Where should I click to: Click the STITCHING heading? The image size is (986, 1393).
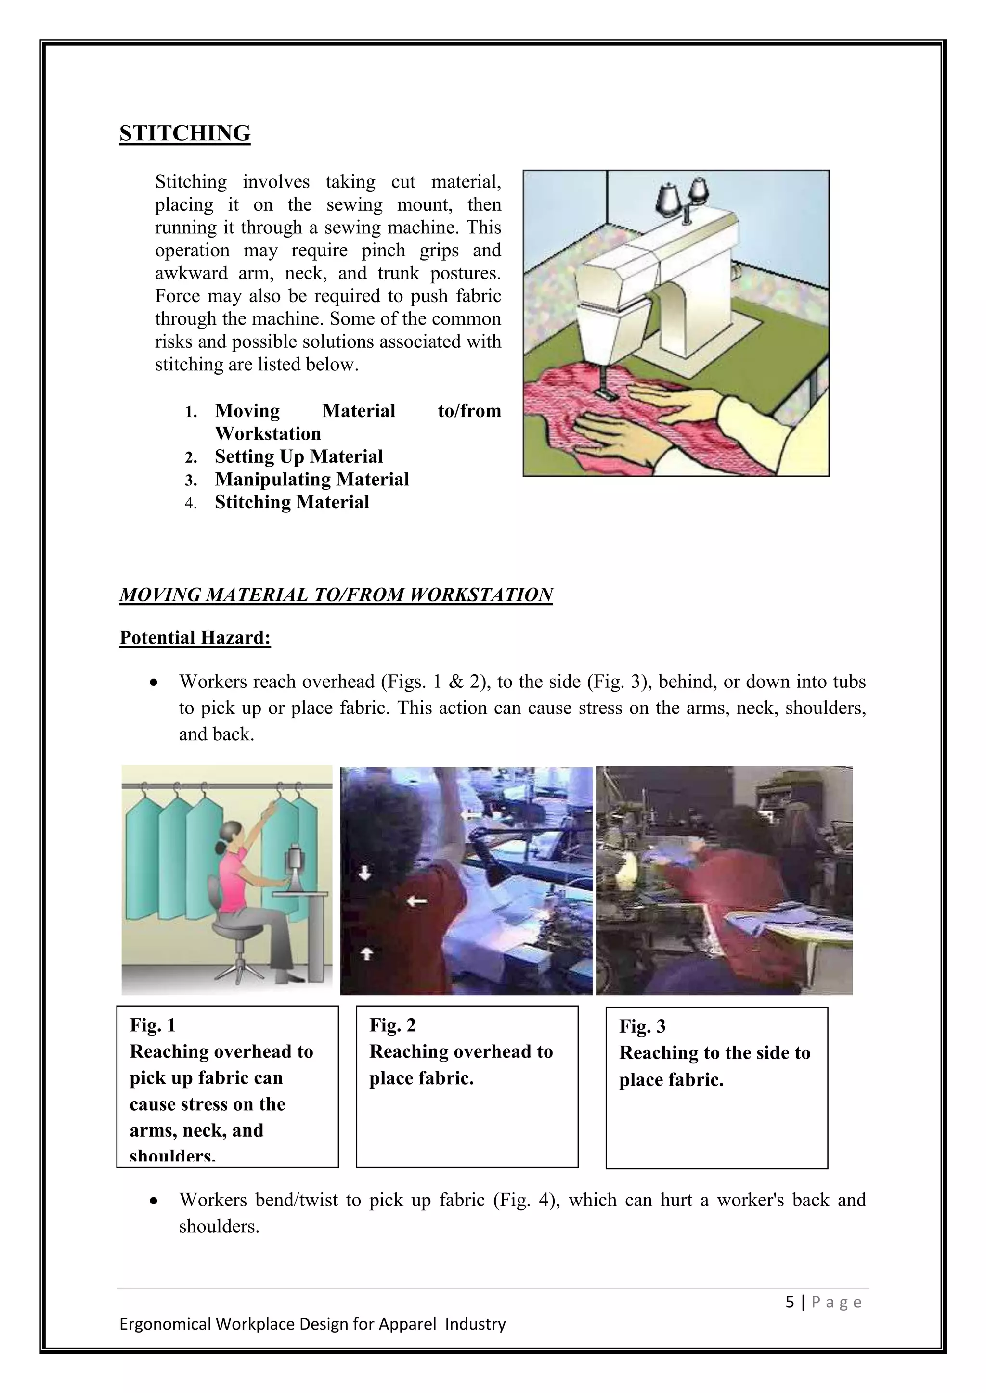184,133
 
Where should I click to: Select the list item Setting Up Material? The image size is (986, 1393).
298,456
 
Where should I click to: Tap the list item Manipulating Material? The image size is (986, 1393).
311,479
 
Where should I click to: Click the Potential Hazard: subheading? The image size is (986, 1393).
195,638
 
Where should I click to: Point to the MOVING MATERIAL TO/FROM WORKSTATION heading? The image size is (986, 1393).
336,595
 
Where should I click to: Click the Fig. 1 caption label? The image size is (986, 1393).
153,1026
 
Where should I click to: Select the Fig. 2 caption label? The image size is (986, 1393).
392,1026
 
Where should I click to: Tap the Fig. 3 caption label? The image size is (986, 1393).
642,1026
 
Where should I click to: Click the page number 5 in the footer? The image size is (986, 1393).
789,1302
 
